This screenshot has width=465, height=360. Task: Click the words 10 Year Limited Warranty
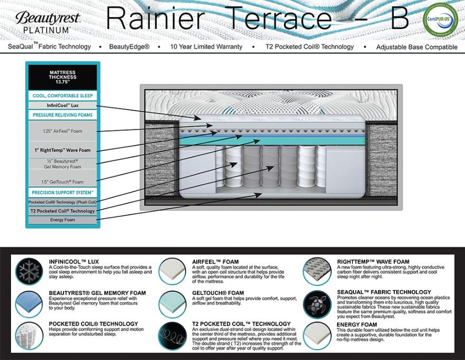[206, 47]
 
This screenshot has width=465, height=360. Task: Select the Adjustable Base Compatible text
[417, 47]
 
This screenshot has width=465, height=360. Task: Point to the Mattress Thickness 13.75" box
[62, 78]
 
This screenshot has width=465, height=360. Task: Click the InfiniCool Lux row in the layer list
[62, 105]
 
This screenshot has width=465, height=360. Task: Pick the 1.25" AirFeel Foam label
[62, 131]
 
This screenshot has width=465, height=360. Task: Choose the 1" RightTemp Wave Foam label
[62, 150]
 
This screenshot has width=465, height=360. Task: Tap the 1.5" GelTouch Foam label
[62, 182]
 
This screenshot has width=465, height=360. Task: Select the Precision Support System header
[62, 193]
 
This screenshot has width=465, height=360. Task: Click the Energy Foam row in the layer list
[62, 220]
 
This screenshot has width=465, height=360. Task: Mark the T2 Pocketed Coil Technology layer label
[62, 211]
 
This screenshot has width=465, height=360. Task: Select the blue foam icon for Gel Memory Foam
[29, 303]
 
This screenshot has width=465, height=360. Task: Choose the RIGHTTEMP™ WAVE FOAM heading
[372, 262]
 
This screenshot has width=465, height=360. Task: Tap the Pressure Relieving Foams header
[62, 115]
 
